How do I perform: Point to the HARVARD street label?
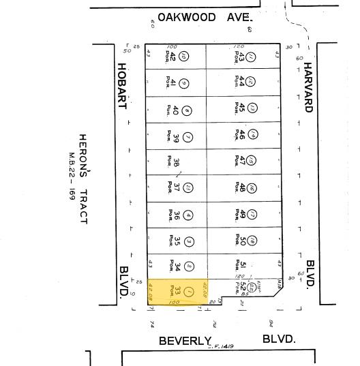(x=307, y=88)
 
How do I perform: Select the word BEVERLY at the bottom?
(x=185, y=340)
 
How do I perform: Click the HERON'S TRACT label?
(x=84, y=178)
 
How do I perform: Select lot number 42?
(x=173, y=58)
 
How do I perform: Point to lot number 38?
(x=176, y=162)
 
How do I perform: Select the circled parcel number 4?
(x=189, y=215)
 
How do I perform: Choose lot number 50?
(x=242, y=240)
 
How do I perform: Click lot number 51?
(x=242, y=266)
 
